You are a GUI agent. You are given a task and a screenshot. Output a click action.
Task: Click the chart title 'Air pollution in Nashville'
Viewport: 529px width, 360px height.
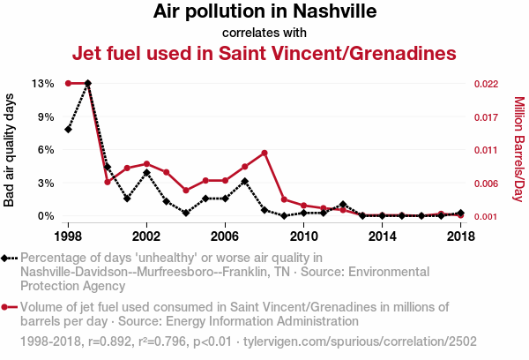tap(264, 12)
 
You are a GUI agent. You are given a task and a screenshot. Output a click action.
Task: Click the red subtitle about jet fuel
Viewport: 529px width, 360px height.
tap(264, 53)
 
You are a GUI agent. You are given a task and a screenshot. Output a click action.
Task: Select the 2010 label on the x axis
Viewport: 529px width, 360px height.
tap(303, 236)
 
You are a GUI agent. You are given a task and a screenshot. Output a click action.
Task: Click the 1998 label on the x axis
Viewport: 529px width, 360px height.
tap(68, 236)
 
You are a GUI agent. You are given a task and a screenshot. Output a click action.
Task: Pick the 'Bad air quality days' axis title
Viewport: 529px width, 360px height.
tap(10, 150)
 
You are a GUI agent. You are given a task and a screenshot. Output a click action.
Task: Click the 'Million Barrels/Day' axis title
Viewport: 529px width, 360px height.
tap(518, 150)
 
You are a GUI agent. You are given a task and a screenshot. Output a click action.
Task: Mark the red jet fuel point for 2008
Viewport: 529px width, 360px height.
tap(264, 153)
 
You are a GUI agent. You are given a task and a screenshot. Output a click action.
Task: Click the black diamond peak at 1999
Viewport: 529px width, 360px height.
tap(87, 83)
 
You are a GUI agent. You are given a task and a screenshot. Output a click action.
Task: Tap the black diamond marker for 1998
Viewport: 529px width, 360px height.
tap(68, 130)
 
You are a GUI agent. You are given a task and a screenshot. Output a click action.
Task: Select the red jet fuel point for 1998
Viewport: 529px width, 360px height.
tap(68, 83)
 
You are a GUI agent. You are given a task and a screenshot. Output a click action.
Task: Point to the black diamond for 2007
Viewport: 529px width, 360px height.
tap(245, 182)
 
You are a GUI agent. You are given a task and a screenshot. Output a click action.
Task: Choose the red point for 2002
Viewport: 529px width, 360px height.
tap(146, 163)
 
